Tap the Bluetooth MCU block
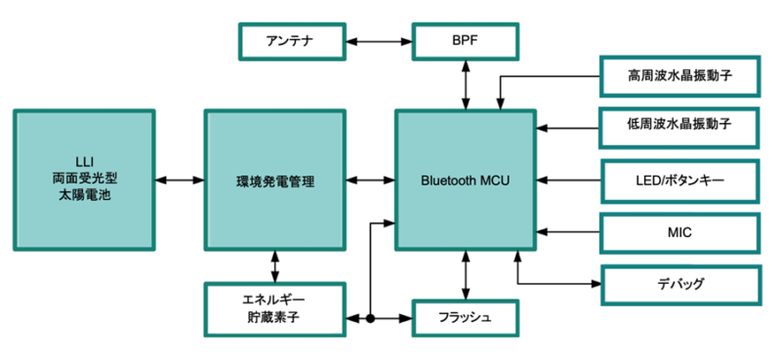coord(466,180)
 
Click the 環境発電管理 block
coord(274,180)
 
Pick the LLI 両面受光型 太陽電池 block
coord(85,180)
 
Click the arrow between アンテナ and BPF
coord(379,41)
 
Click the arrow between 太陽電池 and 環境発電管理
coord(179,180)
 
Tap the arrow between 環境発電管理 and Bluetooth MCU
coord(370,180)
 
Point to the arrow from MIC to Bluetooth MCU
coord(568,232)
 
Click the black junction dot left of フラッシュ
coord(372,318)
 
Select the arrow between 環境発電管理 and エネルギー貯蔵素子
coord(274,266)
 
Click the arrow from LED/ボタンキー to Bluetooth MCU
coord(568,180)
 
